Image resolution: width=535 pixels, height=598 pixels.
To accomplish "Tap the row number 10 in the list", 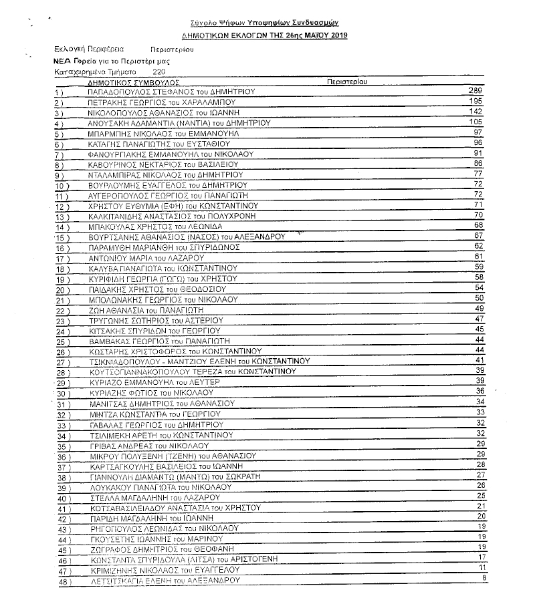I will [62, 185].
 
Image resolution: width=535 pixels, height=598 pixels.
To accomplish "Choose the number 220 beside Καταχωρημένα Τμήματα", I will [160, 70].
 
